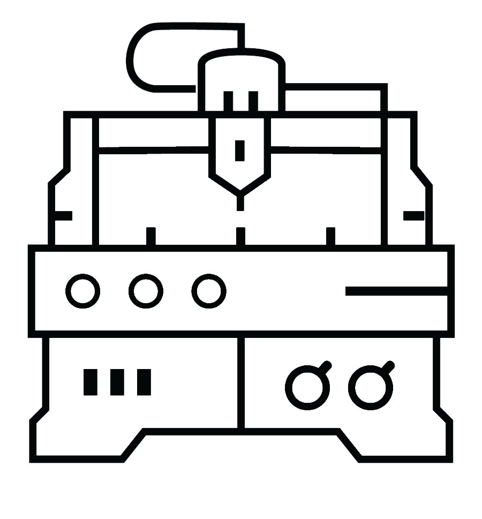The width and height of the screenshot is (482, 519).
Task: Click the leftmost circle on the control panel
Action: click(x=82, y=291)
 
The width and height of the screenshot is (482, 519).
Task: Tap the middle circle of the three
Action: click(x=146, y=291)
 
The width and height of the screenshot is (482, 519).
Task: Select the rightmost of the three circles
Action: click(x=209, y=291)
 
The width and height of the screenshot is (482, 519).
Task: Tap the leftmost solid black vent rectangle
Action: click(x=90, y=382)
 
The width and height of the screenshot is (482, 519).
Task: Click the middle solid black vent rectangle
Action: click(x=117, y=382)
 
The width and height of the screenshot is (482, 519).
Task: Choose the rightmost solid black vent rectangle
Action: click(x=144, y=382)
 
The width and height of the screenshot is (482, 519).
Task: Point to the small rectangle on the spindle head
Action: click(x=240, y=151)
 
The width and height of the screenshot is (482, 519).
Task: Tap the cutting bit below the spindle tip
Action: click(x=240, y=203)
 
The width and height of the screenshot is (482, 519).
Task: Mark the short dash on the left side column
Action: click(x=63, y=216)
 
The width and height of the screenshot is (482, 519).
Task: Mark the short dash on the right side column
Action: click(x=413, y=216)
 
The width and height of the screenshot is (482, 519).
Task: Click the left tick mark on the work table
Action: click(x=151, y=236)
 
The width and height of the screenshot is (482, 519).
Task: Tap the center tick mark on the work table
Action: click(x=240, y=236)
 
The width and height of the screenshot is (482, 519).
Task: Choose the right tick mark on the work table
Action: click(x=330, y=236)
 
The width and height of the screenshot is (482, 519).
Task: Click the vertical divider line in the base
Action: click(x=241, y=383)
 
